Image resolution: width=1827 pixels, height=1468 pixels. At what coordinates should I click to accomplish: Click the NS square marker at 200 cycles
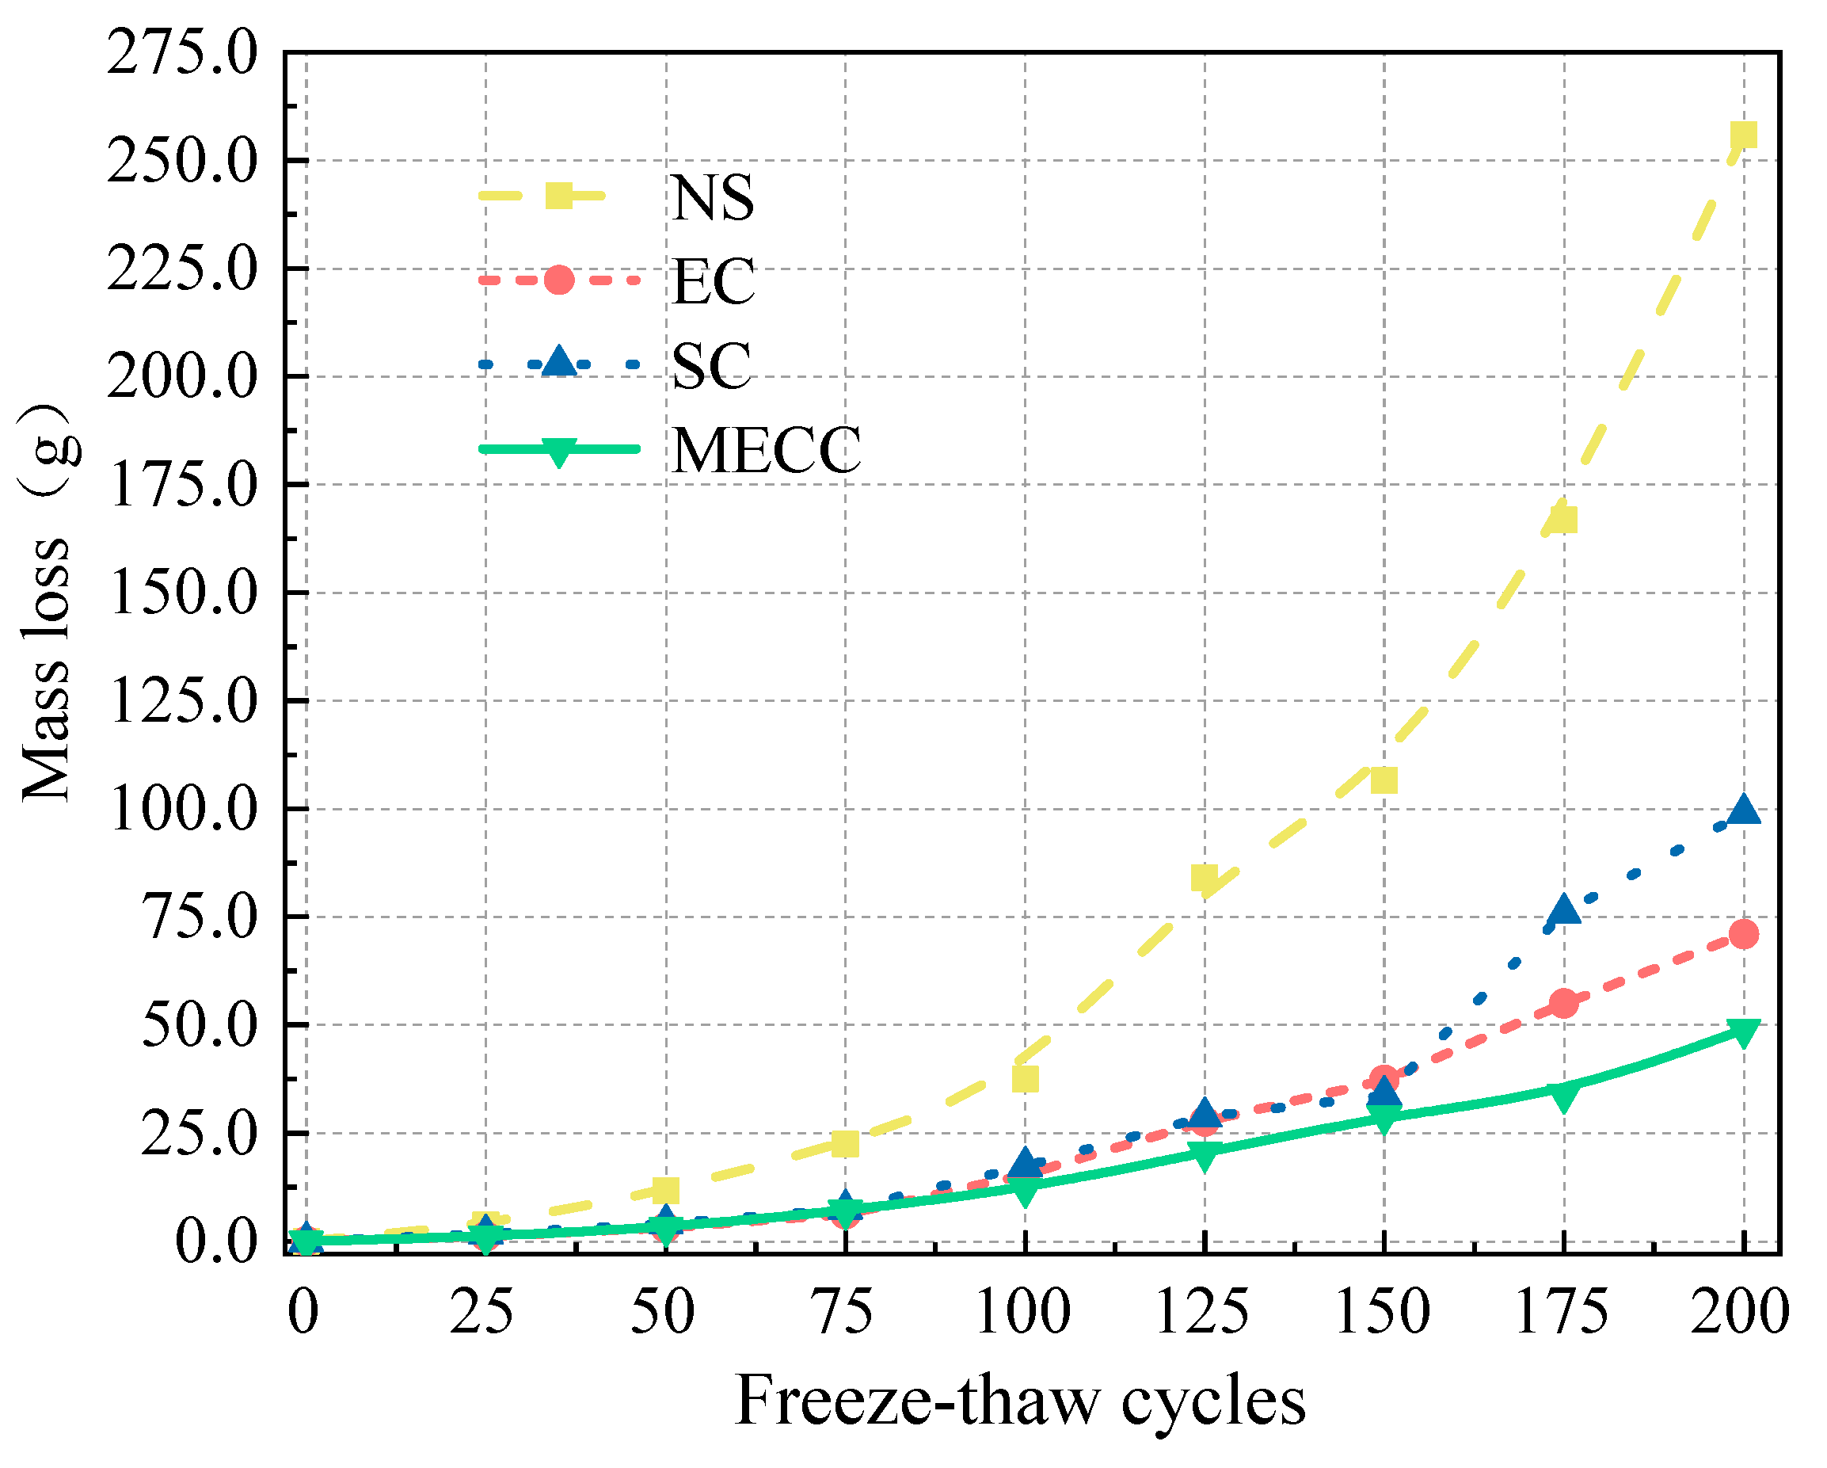(1742, 135)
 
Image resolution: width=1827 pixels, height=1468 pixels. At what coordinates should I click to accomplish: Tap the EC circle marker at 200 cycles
(1742, 934)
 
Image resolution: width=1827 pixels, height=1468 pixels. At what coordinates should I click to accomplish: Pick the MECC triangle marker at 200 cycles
(1742, 1031)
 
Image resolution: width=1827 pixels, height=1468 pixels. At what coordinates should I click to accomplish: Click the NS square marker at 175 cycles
(1563, 519)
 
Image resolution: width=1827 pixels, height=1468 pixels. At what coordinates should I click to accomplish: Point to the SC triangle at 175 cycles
(1563, 910)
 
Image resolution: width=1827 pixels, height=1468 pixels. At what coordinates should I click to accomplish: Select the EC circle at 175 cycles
(1563, 1004)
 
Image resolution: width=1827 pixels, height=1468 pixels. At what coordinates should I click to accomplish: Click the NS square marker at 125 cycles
(1205, 878)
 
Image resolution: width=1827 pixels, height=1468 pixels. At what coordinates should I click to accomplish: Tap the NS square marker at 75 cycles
(845, 1143)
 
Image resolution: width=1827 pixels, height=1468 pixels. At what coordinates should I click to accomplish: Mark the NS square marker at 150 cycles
(1384, 780)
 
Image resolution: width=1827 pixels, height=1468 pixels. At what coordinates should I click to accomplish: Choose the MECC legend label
(766, 450)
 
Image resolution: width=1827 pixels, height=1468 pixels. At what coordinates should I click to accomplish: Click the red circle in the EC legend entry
(558, 280)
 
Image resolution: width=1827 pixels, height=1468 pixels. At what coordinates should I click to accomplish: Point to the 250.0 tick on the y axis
(181, 161)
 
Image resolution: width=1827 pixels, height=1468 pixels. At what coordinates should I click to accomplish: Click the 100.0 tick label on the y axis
(181, 810)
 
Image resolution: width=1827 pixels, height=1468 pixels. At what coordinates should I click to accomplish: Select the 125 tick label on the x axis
(1202, 1312)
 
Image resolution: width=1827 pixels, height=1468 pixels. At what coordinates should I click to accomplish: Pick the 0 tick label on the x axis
(303, 1312)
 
